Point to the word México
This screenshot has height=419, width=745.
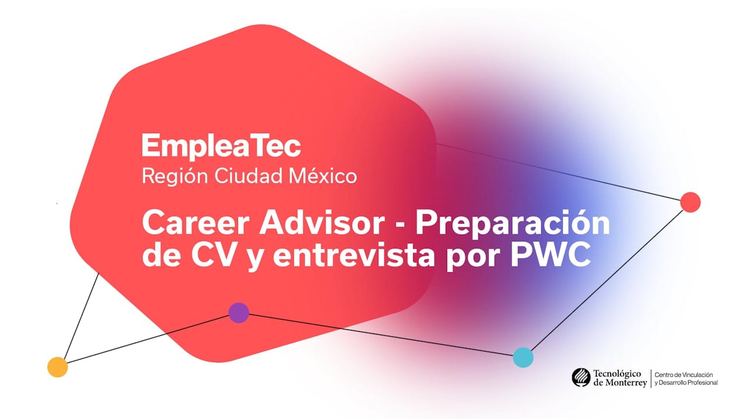coord(323,176)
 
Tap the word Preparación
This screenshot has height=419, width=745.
coord(512,223)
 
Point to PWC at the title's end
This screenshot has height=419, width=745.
coord(550,256)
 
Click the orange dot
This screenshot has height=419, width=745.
coord(58,367)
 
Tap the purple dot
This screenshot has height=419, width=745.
coord(239,313)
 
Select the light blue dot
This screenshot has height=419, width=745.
coord(523,357)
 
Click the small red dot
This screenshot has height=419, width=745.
coord(690,202)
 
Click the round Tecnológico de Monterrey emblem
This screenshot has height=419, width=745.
coord(581,378)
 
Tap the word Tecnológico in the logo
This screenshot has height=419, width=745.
coord(617,374)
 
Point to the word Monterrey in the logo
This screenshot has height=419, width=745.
coord(626,382)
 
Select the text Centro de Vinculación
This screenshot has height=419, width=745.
coord(684,375)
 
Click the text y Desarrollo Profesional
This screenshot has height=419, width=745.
coord(686,382)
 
